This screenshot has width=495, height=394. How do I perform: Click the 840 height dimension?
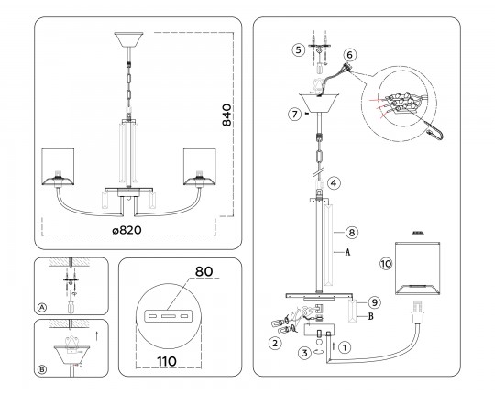227,115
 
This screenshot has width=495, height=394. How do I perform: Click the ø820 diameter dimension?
126,230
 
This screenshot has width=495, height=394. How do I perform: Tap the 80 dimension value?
203,271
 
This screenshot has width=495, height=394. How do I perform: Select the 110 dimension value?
167,361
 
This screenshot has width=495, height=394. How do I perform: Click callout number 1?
345,347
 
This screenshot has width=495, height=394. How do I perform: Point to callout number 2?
275,343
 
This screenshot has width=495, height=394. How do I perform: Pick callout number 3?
304,353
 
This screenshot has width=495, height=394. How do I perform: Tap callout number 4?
334,183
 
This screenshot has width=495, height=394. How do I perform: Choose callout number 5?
298,49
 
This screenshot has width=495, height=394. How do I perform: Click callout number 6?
349,55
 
